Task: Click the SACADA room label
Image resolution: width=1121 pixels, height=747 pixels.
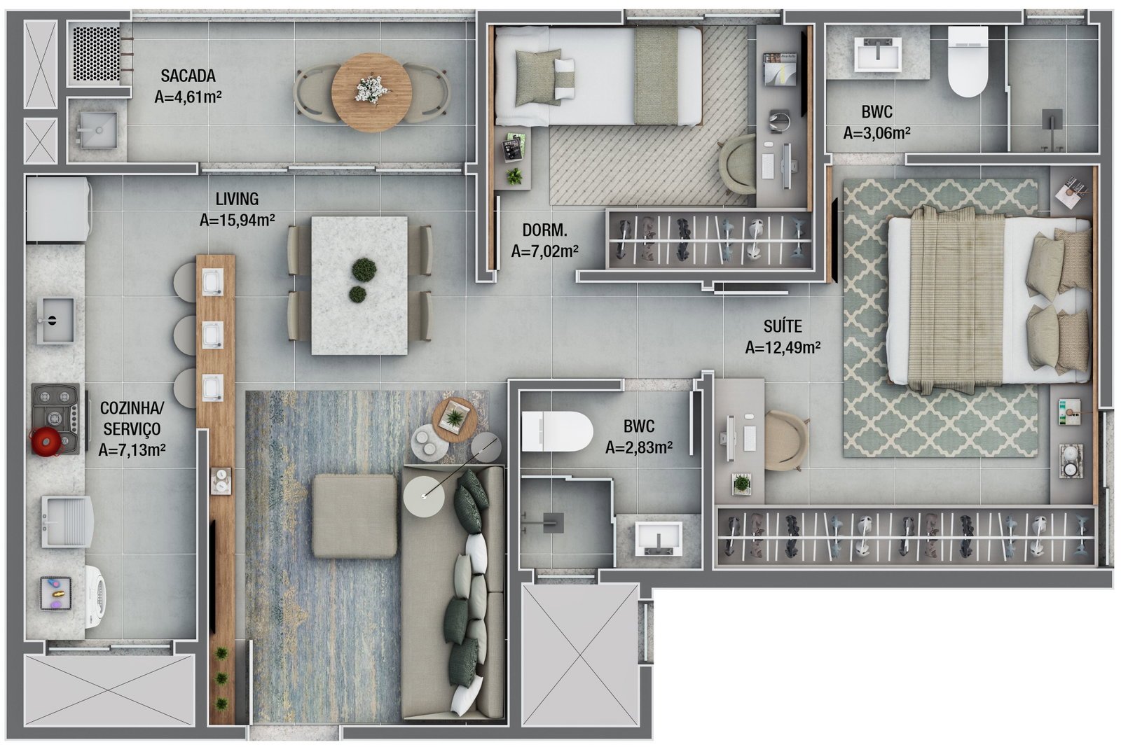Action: (x=188, y=76)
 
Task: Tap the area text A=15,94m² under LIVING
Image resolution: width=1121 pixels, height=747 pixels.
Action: (x=238, y=220)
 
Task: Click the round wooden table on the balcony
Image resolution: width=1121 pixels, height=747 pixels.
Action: (x=372, y=92)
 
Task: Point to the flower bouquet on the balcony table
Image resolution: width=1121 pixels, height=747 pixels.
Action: (x=372, y=90)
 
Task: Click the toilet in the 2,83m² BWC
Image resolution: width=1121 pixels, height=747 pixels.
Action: (x=556, y=431)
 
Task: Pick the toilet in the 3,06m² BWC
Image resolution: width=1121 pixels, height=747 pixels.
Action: (x=968, y=61)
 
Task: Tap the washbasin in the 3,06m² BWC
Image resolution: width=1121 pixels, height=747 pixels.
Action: (x=877, y=53)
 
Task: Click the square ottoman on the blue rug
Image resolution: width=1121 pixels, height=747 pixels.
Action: (x=355, y=516)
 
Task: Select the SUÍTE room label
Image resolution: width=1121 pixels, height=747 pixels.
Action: (x=783, y=326)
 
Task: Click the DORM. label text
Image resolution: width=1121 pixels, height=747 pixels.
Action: (x=544, y=230)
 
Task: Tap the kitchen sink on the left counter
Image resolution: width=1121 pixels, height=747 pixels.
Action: (x=56, y=320)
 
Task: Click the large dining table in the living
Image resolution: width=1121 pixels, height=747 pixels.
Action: (x=359, y=286)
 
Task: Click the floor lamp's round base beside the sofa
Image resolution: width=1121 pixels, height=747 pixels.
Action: (x=424, y=496)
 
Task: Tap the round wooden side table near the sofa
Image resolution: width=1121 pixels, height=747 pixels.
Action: (x=455, y=420)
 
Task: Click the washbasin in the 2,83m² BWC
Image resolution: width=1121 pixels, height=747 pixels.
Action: (x=658, y=539)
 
